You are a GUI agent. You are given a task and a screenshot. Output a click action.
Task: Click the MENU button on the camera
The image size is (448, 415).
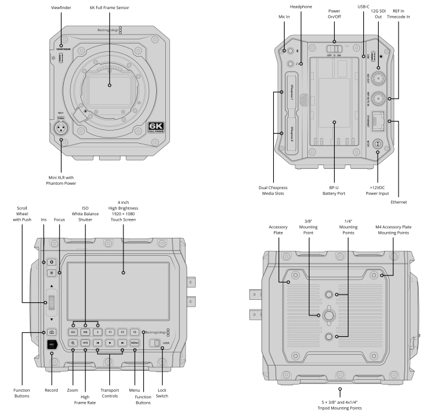point(135,343)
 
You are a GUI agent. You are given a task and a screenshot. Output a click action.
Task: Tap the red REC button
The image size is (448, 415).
point(52,344)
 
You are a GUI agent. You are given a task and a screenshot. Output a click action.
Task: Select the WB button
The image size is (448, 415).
point(85,332)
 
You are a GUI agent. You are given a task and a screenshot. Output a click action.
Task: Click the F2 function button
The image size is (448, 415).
point(122,332)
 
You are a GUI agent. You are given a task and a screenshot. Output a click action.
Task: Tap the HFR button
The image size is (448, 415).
point(85,343)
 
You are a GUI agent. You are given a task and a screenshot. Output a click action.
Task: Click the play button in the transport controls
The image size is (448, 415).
point(110,343)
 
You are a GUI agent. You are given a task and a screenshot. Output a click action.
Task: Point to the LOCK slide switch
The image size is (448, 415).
point(155,343)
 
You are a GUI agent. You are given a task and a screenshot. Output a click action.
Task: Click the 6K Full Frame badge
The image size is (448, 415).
point(159,128)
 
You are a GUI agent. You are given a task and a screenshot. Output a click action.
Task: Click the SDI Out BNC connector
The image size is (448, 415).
point(378,78)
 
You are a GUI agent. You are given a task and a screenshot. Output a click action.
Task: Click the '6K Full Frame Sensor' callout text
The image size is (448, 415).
point(110,7)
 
